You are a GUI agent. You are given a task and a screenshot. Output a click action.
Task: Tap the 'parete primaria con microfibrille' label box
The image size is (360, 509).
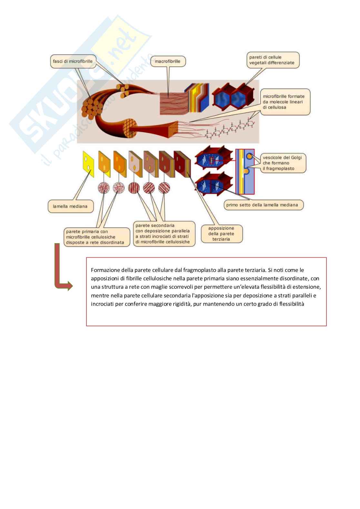coord(97,237)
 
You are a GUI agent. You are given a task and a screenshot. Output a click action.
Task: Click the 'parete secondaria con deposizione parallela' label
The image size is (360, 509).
coord(164,234)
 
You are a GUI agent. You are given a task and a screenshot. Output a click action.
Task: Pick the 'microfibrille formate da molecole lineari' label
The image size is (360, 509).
coord(285,102)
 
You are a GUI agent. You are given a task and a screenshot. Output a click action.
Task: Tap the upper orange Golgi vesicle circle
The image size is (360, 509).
coord(249,156)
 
